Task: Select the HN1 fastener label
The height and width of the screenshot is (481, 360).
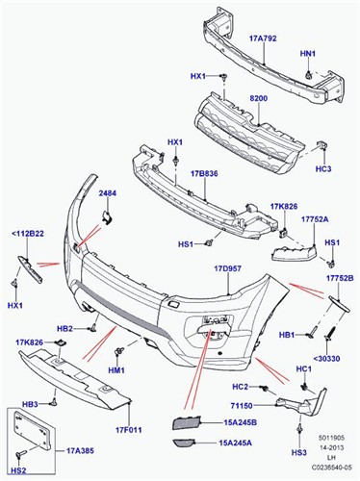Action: (307, 55)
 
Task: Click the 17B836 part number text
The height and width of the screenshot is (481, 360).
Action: (205, 173)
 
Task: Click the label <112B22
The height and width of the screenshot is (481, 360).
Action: (27, 232)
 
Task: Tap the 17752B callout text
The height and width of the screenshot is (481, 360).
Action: (339, 278)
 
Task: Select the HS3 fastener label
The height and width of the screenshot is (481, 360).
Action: (299, 451)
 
